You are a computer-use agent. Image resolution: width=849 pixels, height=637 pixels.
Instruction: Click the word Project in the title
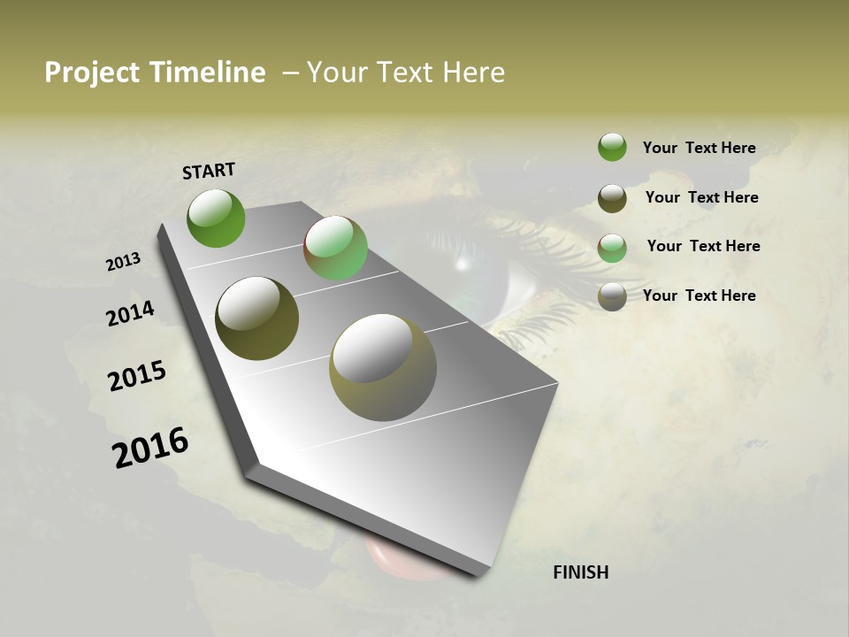click(x=89, y=73)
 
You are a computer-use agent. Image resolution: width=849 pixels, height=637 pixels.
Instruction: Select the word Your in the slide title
click(x=336, y=73)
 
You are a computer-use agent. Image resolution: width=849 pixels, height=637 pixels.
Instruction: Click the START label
click(x=209, y=171)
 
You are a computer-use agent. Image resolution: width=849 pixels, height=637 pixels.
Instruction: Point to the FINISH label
click(x=580, y=572)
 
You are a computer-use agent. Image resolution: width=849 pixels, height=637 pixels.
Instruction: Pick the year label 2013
click(x=123, y=262)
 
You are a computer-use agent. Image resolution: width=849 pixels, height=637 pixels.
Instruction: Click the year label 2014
click(x=130, y=313)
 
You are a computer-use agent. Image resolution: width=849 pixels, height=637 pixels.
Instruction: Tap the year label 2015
click(x=137, y=376)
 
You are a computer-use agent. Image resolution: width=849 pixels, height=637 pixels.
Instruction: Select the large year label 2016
click(x=150, y=448)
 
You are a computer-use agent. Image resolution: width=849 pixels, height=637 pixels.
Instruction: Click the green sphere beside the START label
click(x=216, y=218)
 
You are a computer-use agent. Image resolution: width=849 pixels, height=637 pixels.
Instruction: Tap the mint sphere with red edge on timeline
click(x=336, y=248)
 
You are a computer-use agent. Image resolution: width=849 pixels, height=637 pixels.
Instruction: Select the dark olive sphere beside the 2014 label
click(x=257, y=318)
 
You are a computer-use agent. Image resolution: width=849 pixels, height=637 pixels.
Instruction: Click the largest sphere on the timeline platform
click(x=383, y=367)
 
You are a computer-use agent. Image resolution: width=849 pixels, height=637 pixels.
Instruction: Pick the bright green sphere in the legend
click(x=612, y=147)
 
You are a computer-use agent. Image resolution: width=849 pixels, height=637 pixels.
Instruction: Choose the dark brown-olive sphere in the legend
click(x=612, y=198)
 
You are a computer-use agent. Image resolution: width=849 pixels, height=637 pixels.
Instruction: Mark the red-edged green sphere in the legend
click(x=612, y=248)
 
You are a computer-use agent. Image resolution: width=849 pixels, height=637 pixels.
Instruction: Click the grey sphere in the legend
click(x=612, y=296)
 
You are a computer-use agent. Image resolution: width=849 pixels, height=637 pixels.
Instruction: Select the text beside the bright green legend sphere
click(x=699, y=148)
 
